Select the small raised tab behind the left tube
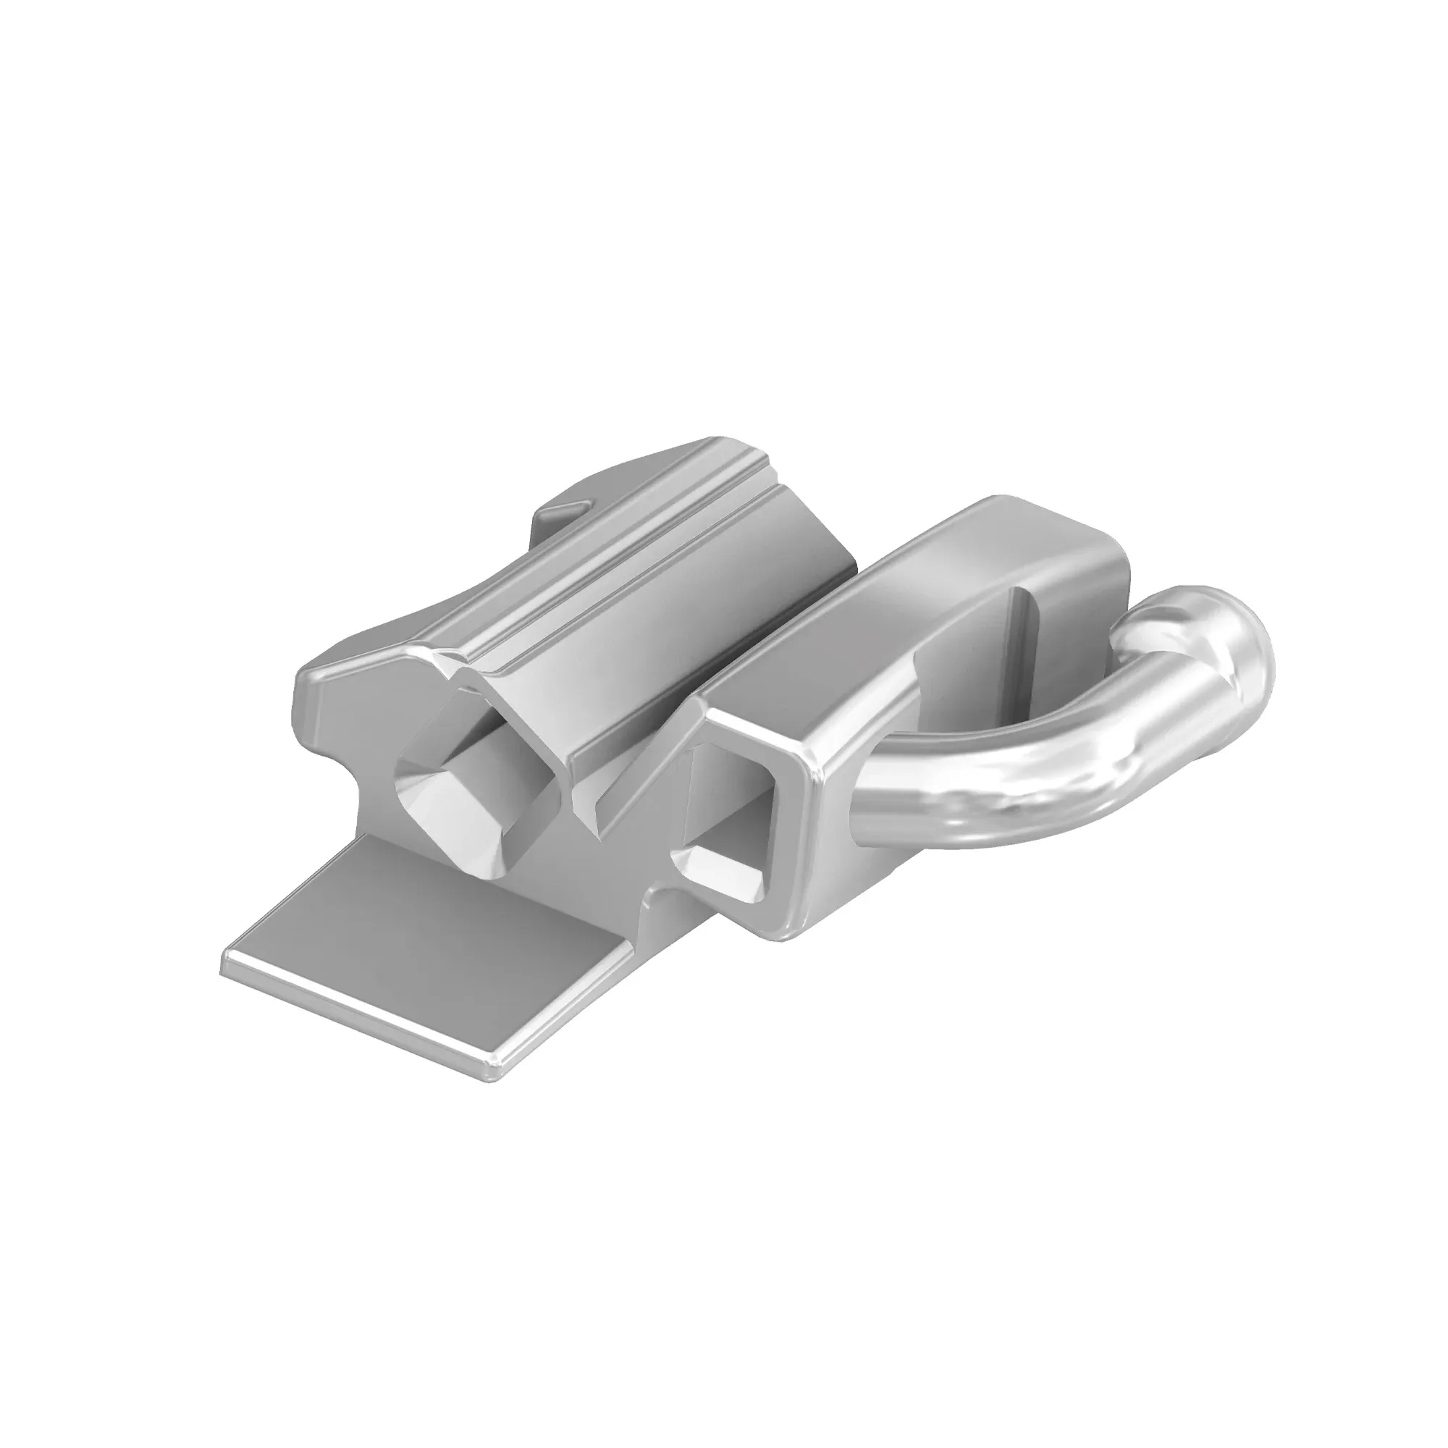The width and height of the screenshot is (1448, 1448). tap(562, 510)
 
